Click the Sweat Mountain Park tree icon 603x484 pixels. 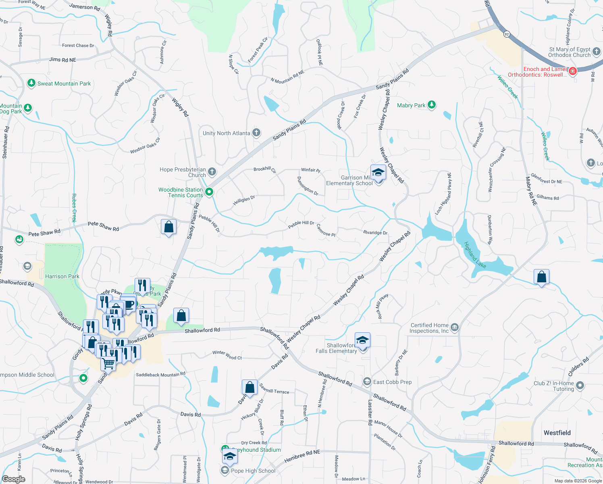31,83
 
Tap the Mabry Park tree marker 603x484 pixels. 432,105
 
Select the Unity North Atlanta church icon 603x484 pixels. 256,133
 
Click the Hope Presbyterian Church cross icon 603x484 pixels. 212,172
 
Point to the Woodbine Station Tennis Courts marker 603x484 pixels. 209,192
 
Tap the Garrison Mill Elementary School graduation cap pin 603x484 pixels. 378,173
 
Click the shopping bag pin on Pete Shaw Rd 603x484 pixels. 168,227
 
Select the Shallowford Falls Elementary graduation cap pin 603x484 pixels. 362,340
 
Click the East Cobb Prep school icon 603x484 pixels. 367,382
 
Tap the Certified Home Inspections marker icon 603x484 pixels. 455,327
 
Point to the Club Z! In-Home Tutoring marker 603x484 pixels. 580,386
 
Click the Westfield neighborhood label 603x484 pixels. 557,433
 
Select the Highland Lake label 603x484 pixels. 475,255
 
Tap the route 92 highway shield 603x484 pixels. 507,34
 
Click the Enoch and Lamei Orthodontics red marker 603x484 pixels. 573,71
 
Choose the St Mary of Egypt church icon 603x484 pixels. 597,52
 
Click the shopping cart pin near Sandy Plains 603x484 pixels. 108,364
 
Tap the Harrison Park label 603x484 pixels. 62,276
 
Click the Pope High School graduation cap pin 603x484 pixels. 229,456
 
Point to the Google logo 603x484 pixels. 14,479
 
